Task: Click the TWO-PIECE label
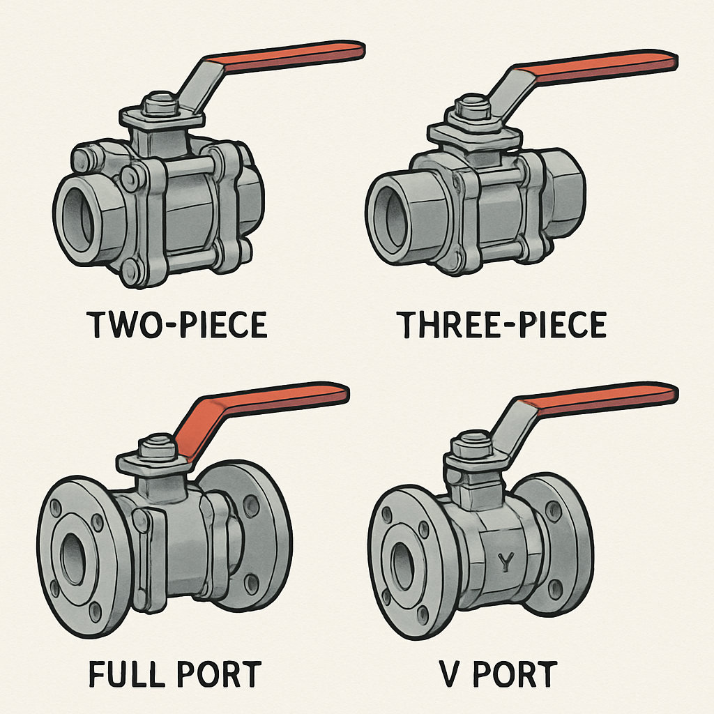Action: click(178, 326)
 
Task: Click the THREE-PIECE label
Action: click(501, 326)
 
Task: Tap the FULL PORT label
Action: click(174, 674)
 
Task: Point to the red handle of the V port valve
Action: click(600, 397)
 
